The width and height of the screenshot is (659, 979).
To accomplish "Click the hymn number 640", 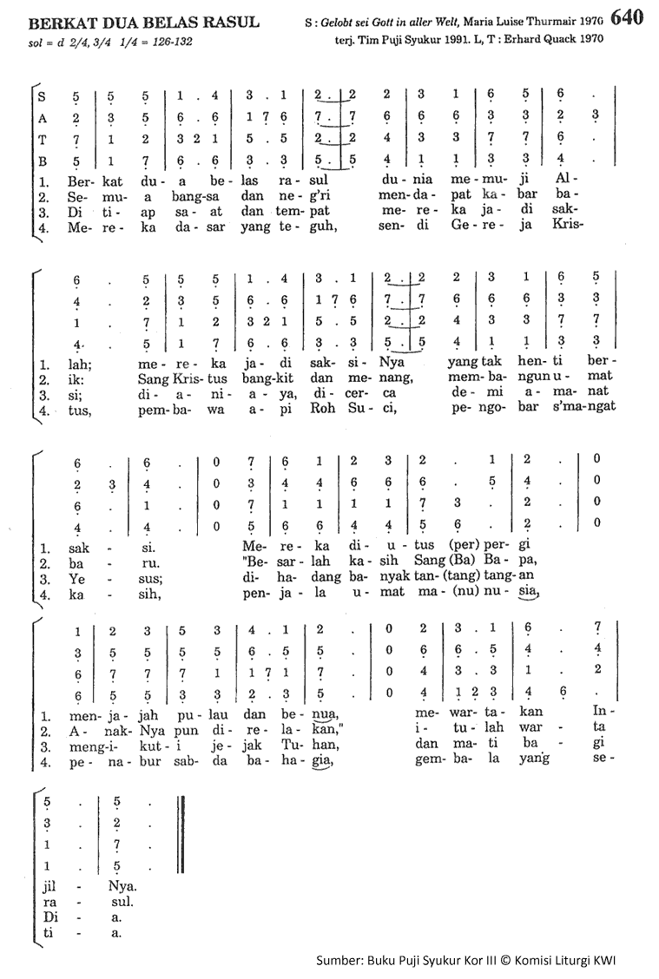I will [x=627, y=17].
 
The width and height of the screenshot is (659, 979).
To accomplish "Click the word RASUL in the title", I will [x=229, y=22].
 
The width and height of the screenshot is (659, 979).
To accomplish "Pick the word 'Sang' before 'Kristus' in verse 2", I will [x=154, y=377].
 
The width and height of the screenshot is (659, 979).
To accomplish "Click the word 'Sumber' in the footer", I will [x=338, y=958].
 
